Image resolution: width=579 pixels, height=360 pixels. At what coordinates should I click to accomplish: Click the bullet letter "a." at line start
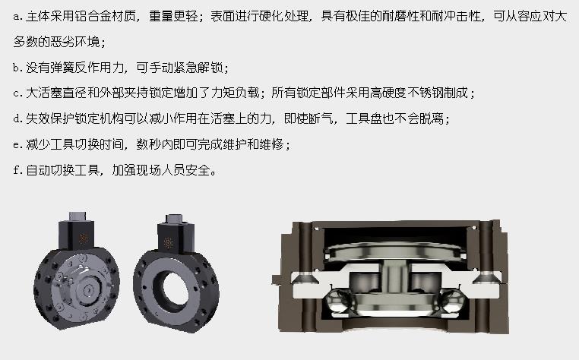coord(17,17)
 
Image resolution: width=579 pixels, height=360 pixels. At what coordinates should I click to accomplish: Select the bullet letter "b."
coord(17,68)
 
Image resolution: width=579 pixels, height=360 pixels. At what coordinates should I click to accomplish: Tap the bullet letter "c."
coord(17,93)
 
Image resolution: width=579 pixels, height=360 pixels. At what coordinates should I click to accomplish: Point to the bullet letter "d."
coord(17,118)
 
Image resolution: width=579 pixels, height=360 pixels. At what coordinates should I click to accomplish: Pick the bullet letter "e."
coord(17,144)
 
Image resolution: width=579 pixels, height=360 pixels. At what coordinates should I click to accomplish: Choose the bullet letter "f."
coord(17,170)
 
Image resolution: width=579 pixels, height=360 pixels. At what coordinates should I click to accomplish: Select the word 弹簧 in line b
coord(62,68)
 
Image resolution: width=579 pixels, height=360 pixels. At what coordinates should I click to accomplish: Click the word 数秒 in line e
coord(148,144)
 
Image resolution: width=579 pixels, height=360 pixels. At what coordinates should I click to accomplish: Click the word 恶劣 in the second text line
coord(62,42)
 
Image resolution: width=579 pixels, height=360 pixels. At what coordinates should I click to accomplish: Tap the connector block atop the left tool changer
coord(78,231)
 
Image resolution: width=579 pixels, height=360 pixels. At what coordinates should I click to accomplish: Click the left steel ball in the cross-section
coord(339,301)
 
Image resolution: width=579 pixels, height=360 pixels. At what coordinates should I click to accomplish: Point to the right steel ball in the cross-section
coord(451,301)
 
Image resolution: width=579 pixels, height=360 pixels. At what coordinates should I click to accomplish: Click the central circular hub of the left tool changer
coord(89,290)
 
